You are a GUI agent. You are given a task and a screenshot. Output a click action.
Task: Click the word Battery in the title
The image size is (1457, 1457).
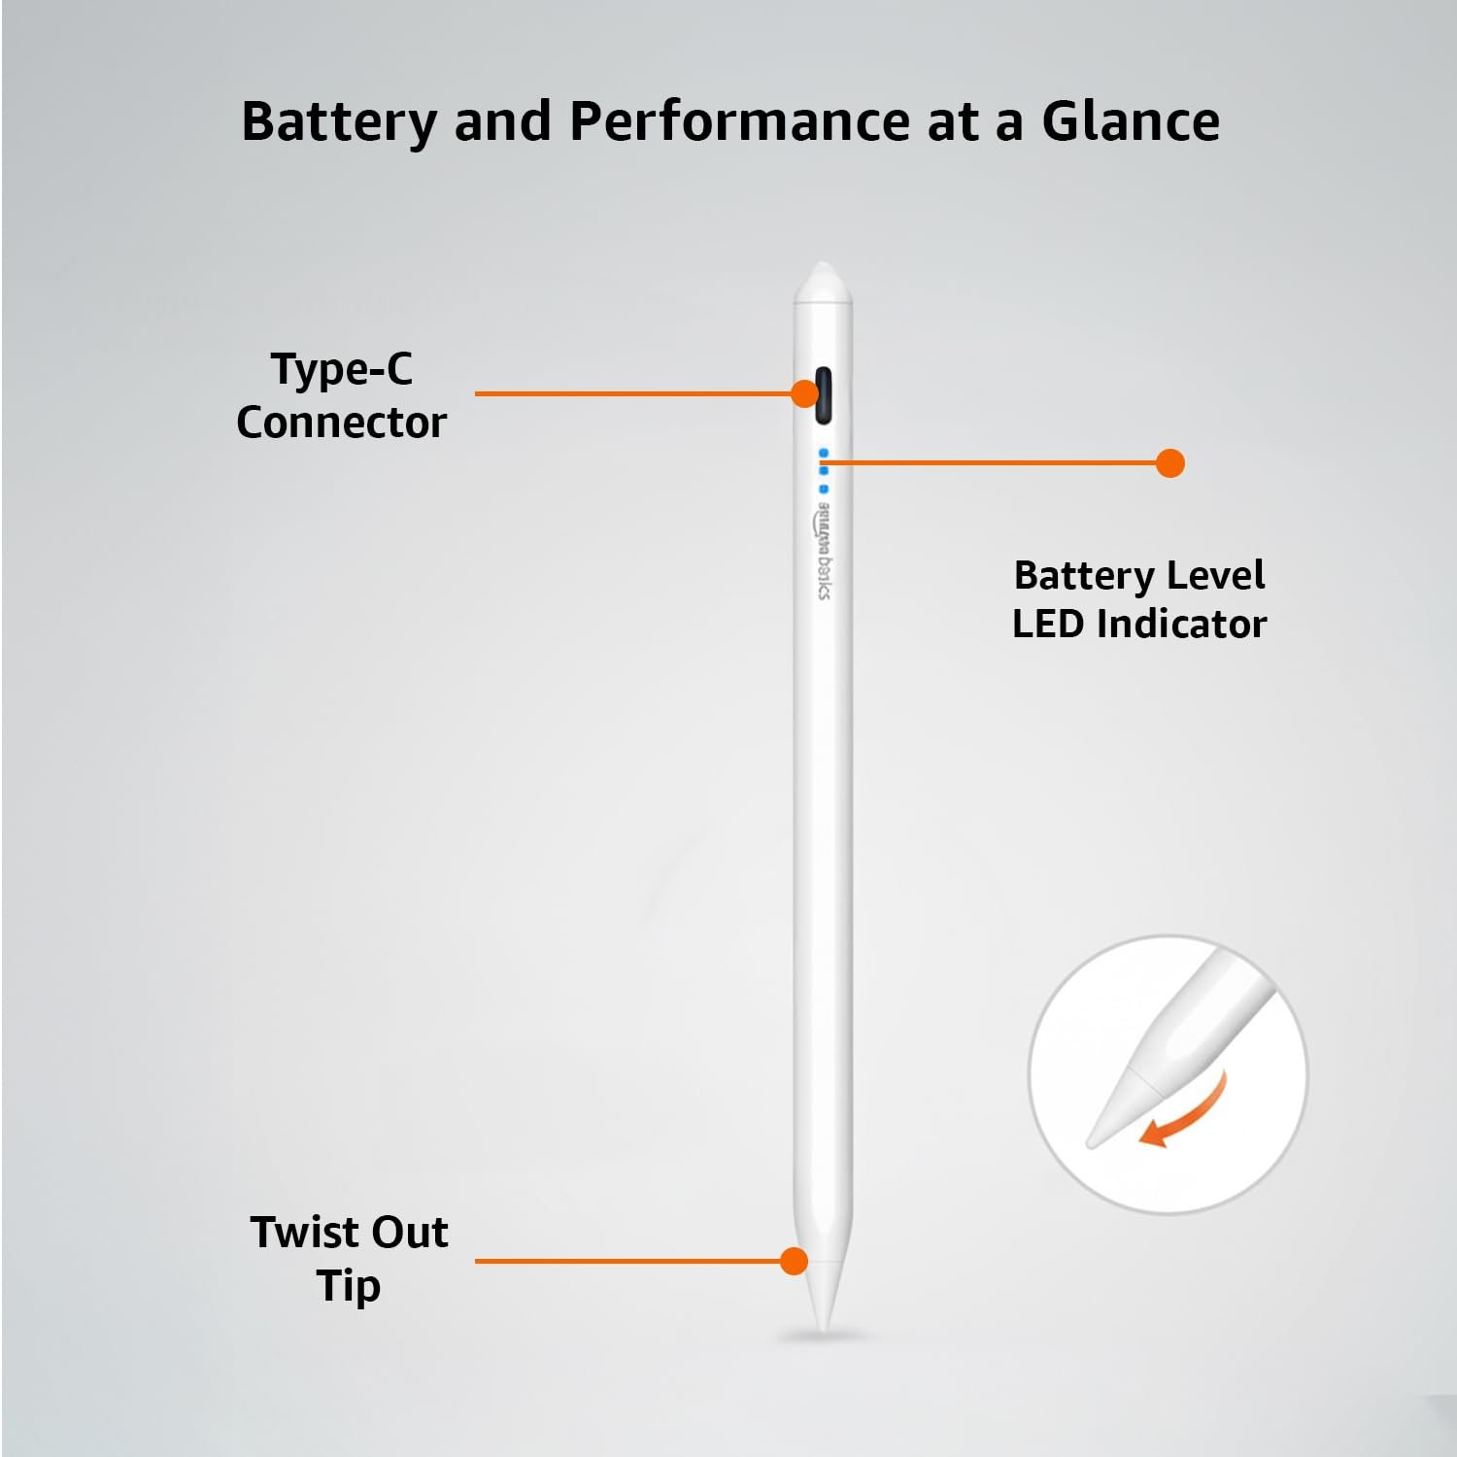[339, 123]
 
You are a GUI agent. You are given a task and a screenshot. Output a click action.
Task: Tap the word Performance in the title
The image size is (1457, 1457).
[738, 122]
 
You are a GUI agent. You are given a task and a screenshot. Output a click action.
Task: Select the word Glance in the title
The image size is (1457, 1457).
[1131, 121]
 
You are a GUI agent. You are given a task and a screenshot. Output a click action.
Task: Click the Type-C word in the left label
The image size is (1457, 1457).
[342, 370]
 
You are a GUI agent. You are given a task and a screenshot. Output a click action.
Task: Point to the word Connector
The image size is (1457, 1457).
[341, 423]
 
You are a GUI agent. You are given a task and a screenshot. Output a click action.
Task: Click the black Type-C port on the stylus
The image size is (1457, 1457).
[823, 395]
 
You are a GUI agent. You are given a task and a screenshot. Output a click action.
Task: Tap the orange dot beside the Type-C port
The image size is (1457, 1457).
[804, 393]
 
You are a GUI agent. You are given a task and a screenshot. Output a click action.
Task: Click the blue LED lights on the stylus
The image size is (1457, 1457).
[824, 470]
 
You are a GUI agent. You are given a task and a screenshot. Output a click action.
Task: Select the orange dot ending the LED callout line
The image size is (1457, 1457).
[1170, 463]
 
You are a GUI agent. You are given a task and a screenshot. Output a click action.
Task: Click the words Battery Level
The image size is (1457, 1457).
[1139, 576]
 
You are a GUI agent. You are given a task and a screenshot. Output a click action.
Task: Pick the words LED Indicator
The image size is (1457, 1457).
[1139, 624]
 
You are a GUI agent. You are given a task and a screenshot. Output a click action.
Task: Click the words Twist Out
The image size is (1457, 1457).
[349, 1232]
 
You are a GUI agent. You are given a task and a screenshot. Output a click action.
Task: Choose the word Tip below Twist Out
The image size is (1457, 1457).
[348, 1286]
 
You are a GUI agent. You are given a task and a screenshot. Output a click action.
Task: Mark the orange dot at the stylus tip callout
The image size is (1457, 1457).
[795, 1261]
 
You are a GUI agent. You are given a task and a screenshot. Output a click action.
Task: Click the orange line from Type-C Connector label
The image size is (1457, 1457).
[632, 393]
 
